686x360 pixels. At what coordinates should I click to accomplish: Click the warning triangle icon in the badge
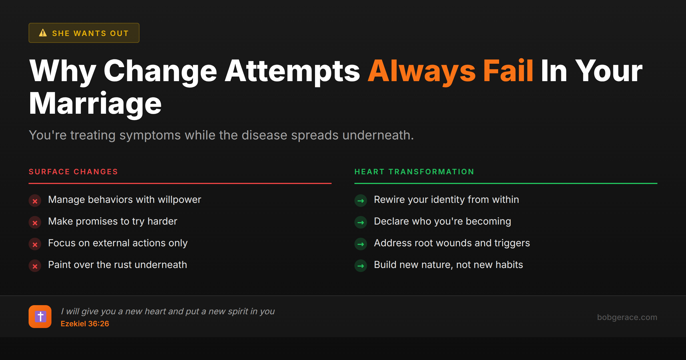(x=43, y=33)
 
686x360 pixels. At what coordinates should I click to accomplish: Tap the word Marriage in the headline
(x=95, y=104)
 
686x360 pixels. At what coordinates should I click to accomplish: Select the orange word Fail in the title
(x=508, y=71)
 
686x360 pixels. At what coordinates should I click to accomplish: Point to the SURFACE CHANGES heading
(x=73, y=172)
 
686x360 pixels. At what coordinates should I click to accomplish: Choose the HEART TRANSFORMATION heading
(x=414, y=172)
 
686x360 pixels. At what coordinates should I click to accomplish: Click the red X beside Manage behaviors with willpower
(x=35, y=201)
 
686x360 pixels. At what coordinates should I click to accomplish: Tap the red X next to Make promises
(x=35, y=223)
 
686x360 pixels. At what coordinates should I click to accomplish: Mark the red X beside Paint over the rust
(x=35, y=266)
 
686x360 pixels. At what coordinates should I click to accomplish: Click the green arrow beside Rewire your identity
(x=361, y=201)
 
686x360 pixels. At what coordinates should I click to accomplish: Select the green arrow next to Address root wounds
(x=361, y=244)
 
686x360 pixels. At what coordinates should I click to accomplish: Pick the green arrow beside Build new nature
(x=361, y=266)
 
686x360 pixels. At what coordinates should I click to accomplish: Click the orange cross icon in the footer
(x=40, y=317)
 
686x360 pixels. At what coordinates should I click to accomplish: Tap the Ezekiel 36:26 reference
(x=85, y=324)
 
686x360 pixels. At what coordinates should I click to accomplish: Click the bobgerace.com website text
(x=627, y=317)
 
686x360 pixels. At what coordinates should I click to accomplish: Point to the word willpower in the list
(x=180, y=200)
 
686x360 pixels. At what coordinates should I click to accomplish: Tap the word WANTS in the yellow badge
(x=90, y=33)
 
